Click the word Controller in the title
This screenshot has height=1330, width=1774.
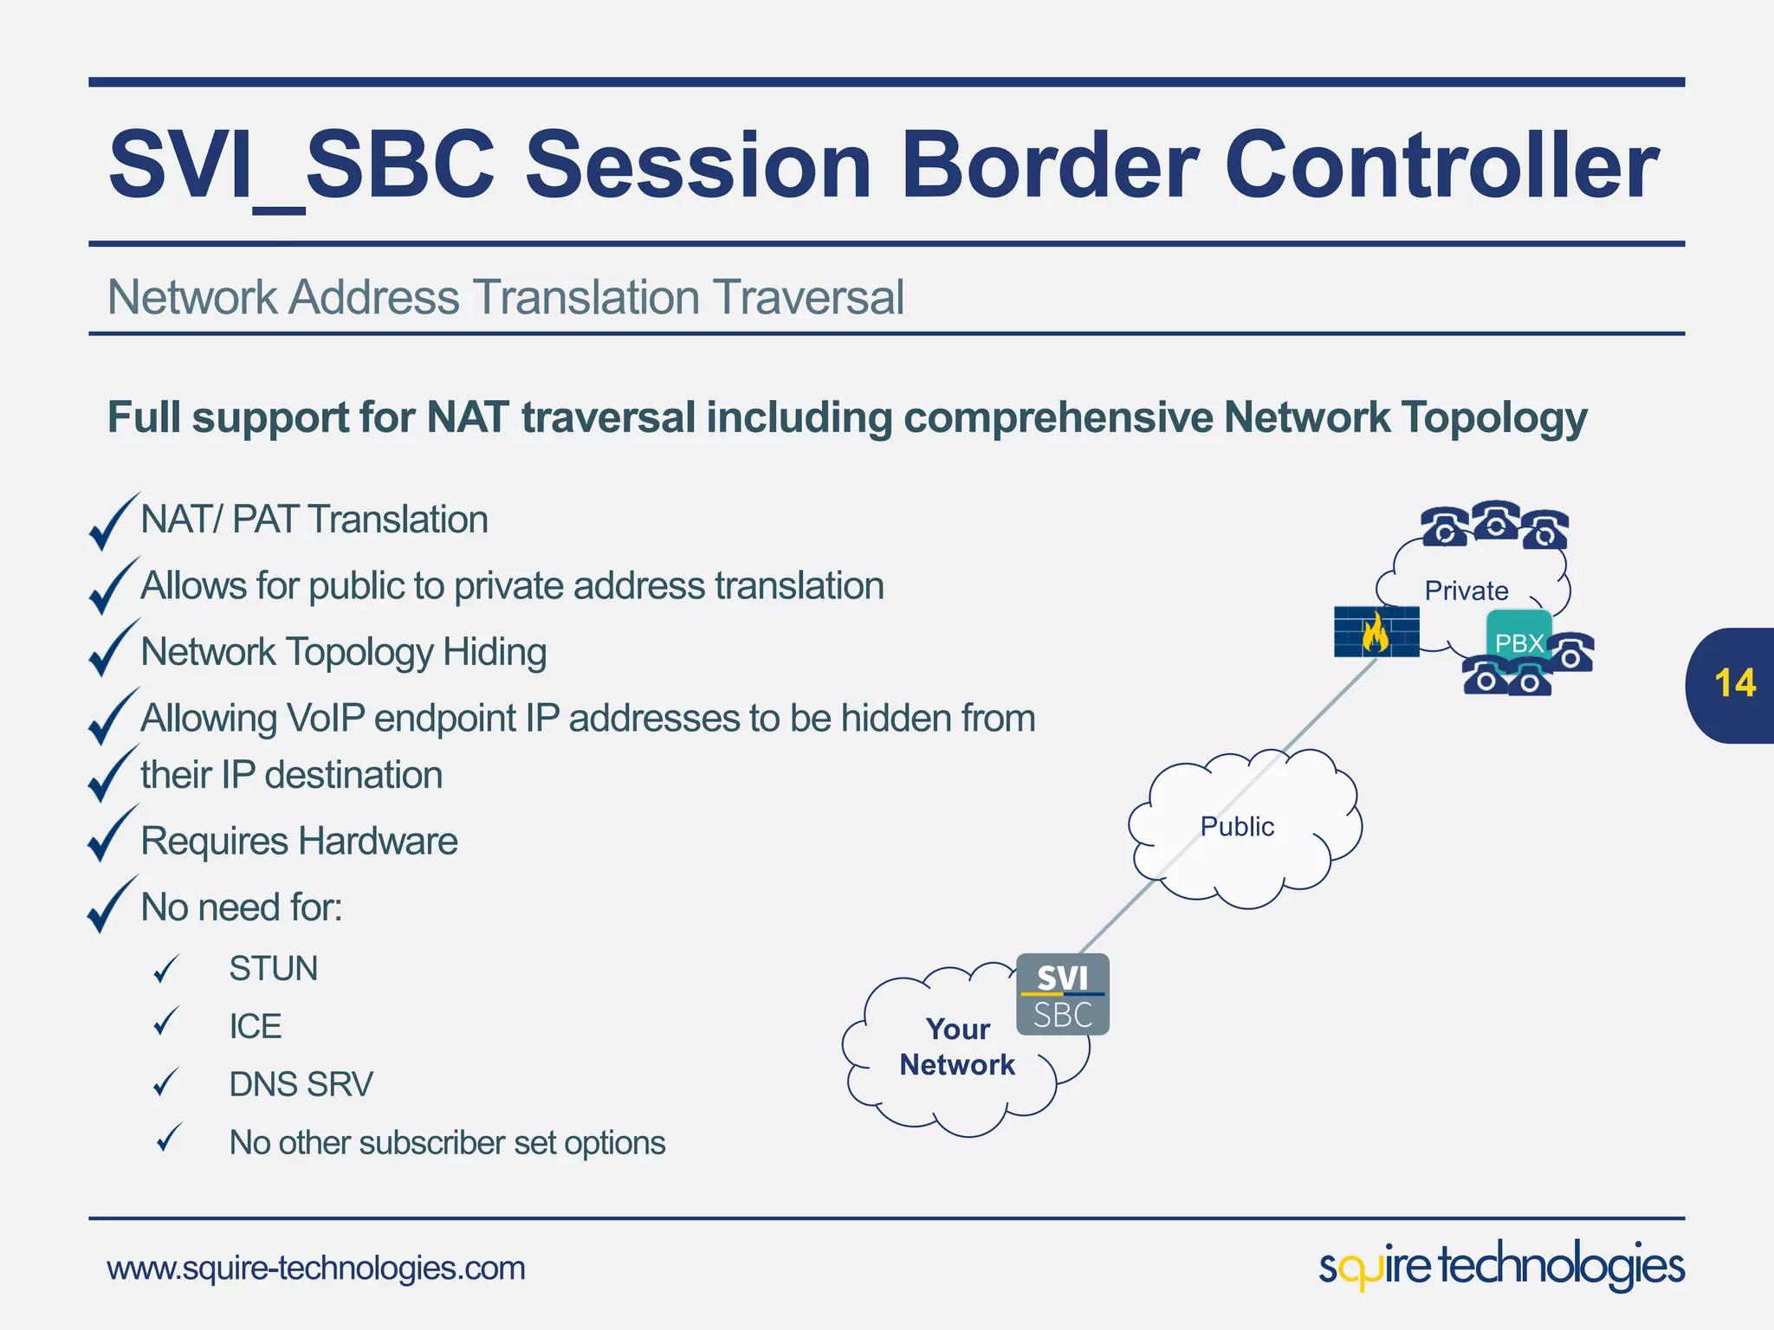coord(1441,165)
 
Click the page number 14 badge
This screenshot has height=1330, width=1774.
coord(1733,684)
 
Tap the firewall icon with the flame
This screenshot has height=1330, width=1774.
coord(1376,632)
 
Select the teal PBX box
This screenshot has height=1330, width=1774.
coord(1518,636)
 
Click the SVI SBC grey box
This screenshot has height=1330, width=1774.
coord(1063,995)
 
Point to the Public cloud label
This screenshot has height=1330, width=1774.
coord(1237,827)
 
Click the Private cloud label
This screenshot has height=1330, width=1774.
coord(1466,591)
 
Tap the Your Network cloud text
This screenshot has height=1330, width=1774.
coord(957,1047)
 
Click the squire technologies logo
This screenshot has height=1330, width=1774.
coord(1501,1267)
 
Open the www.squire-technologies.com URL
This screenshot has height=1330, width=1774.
coord(316,1269)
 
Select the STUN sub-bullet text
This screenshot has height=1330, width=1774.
coord(274,969)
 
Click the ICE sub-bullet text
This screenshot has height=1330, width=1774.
coord(256,1027)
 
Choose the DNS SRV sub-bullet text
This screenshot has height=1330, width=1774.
coord(301,1085)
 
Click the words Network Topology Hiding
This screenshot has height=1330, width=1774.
coord(343,652)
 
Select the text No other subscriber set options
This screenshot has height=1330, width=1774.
coord(447,1143)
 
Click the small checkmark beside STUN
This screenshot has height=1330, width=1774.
coord(165,969)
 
